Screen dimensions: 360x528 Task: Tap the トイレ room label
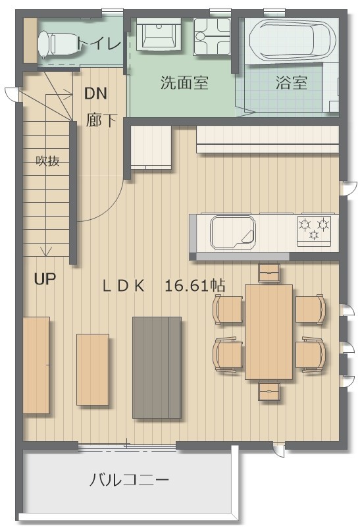[x=98, y=43]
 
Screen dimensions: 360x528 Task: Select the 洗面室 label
[x=184, y=82]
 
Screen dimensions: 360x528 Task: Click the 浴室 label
[x=292, y=82]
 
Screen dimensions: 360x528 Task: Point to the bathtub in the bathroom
[x=292, y=40]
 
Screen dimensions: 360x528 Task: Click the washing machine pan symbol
[x=211, y=37]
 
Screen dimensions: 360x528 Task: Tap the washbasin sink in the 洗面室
[x=158, y=34]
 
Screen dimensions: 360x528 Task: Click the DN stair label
[x=95, y=93]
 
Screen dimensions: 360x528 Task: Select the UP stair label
[x=45, y=279]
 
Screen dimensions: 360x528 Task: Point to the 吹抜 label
[x=48, y=161]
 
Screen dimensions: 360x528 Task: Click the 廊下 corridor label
[x=101, y=120]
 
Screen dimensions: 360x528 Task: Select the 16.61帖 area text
[x=195, y=286]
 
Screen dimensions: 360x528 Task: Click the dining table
[x=269, y=332]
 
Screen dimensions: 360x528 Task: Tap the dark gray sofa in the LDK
[x=157, y=367]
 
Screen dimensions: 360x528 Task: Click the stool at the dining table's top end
[x=269, y=273]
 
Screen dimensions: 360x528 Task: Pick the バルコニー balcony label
[x=129, y=480]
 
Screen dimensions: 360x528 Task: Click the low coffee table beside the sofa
[x=93, y=369]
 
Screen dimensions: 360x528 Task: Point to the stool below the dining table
[x=269, y=391]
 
